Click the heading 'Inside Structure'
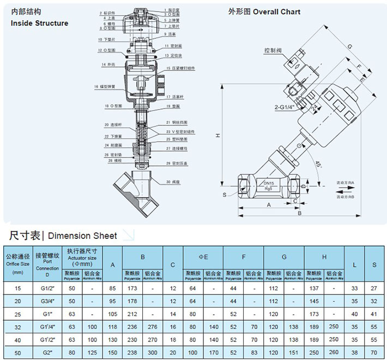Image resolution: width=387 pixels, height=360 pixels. coord(39,23)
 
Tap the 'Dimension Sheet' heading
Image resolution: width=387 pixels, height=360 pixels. coord(82,236)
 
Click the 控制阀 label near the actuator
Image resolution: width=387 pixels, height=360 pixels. coord(272,50)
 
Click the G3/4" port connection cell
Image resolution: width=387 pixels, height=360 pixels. coord(46,301)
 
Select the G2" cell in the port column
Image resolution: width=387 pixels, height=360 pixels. coord(46,353)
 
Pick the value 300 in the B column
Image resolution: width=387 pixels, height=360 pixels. coord(154,353)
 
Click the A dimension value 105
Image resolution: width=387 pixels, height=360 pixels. coord(112,314)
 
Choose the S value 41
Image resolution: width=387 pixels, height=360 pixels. coord(374,314)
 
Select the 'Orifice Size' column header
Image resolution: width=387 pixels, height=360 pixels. coord(18,262)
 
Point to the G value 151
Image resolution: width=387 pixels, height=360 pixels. coord(295,353)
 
